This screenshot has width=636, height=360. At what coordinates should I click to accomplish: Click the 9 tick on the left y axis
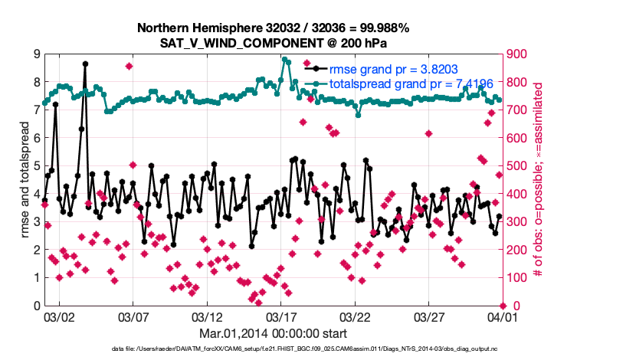click(x=37, y=54)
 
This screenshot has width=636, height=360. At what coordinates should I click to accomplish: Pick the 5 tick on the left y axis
click(x=37, y=165)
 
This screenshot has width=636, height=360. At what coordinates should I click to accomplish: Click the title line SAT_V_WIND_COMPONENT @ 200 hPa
click(x=274, y=43)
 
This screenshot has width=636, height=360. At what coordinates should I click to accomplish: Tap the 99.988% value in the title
click(x=382, y=28)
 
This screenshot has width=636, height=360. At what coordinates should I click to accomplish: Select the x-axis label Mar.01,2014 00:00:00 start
click(x=274, y=333)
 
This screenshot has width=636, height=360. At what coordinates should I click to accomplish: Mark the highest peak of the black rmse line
click(x=85, y=64)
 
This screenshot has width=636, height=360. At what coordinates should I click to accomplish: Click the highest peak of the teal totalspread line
click(x=284, y=59)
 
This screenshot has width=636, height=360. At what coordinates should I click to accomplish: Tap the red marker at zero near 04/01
click(x=503, y=306)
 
